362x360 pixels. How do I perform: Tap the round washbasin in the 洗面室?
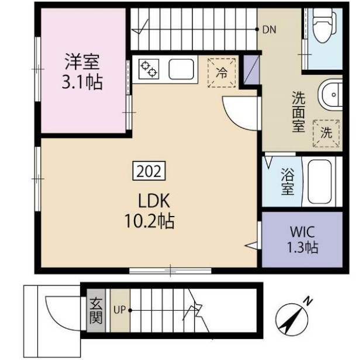(330, 95)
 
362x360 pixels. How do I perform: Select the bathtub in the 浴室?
(320, 182)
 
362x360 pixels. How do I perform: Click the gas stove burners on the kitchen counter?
(149, 68)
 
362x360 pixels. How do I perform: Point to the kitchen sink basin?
(181, 69)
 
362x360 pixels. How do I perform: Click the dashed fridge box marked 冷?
(222, 73)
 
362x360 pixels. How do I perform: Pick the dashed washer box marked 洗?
(326, 133)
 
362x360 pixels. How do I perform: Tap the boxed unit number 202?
(149, 171)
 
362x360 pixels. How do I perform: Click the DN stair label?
(269, 30)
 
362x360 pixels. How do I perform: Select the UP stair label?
(119, 310)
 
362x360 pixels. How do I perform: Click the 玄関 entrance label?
(96, 310)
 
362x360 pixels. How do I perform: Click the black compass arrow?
(291, 320)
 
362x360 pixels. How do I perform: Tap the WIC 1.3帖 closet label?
(302, 239)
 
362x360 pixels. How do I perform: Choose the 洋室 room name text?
(82, 61)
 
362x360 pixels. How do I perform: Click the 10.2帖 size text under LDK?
(149, 221)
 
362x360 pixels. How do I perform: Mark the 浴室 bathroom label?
(287, 181)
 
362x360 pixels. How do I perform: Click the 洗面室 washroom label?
(298, 112)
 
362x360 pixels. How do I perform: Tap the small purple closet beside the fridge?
(251, 70)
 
